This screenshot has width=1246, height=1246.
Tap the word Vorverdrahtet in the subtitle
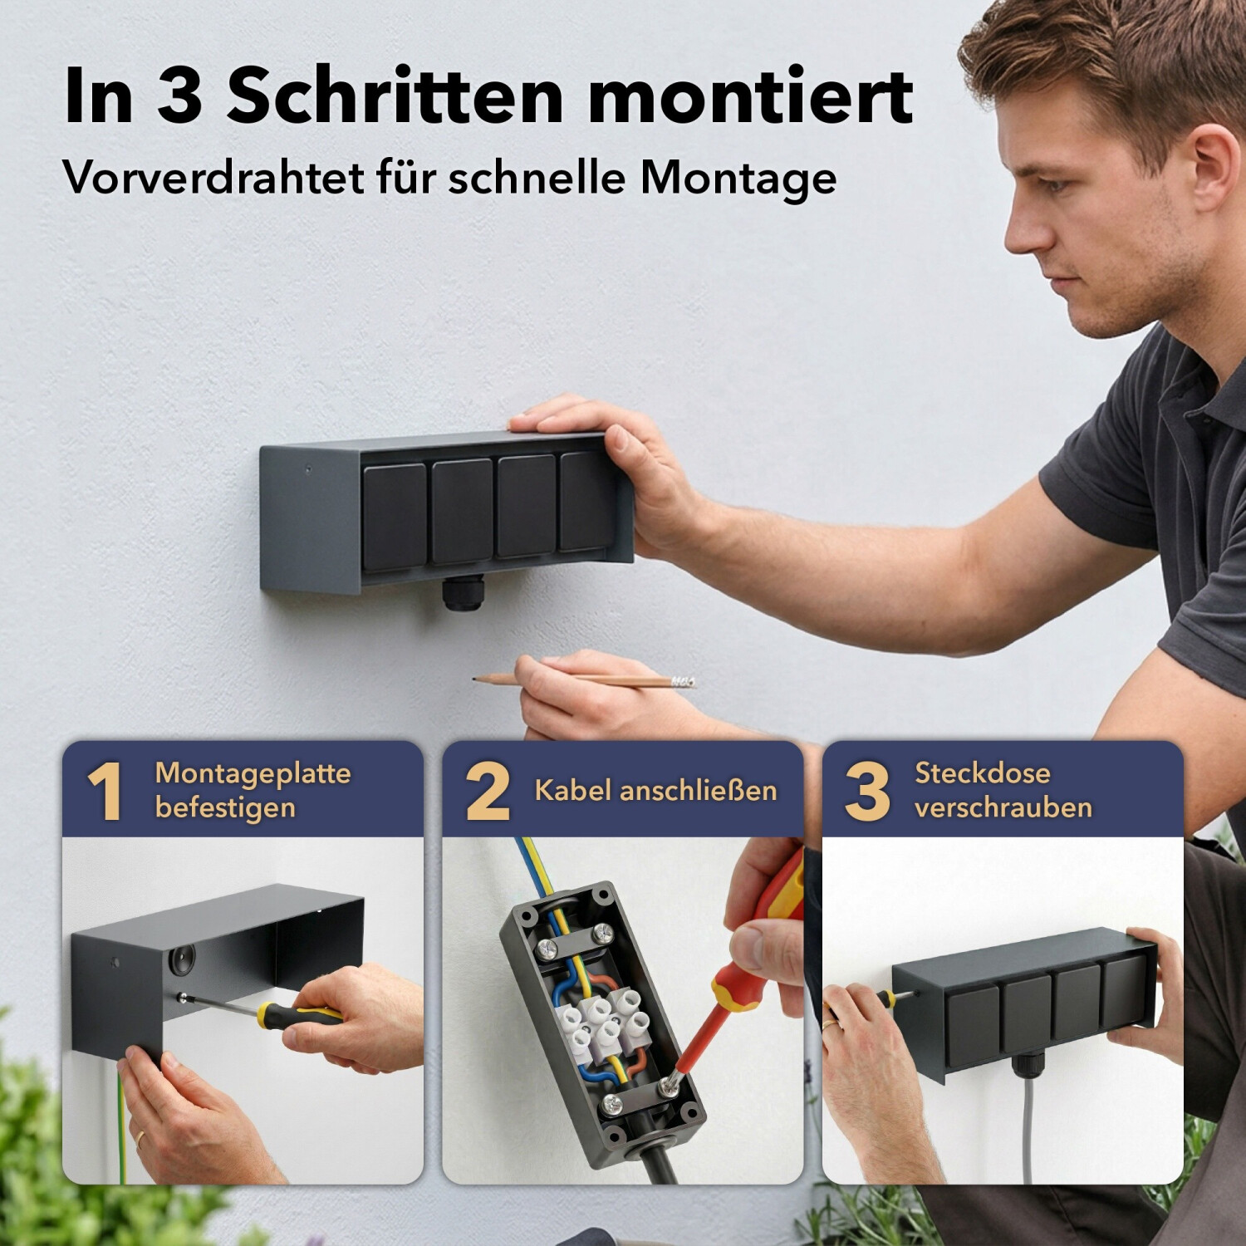213,176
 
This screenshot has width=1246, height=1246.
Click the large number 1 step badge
105,791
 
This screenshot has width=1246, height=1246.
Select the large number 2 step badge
488,791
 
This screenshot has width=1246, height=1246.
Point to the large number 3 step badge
867,791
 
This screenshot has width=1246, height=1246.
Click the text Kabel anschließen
655,790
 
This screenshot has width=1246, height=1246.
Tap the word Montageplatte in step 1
253,774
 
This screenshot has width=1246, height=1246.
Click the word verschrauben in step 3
1003,807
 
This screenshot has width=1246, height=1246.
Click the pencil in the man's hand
584,680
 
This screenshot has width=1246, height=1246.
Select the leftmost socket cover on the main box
395,517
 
